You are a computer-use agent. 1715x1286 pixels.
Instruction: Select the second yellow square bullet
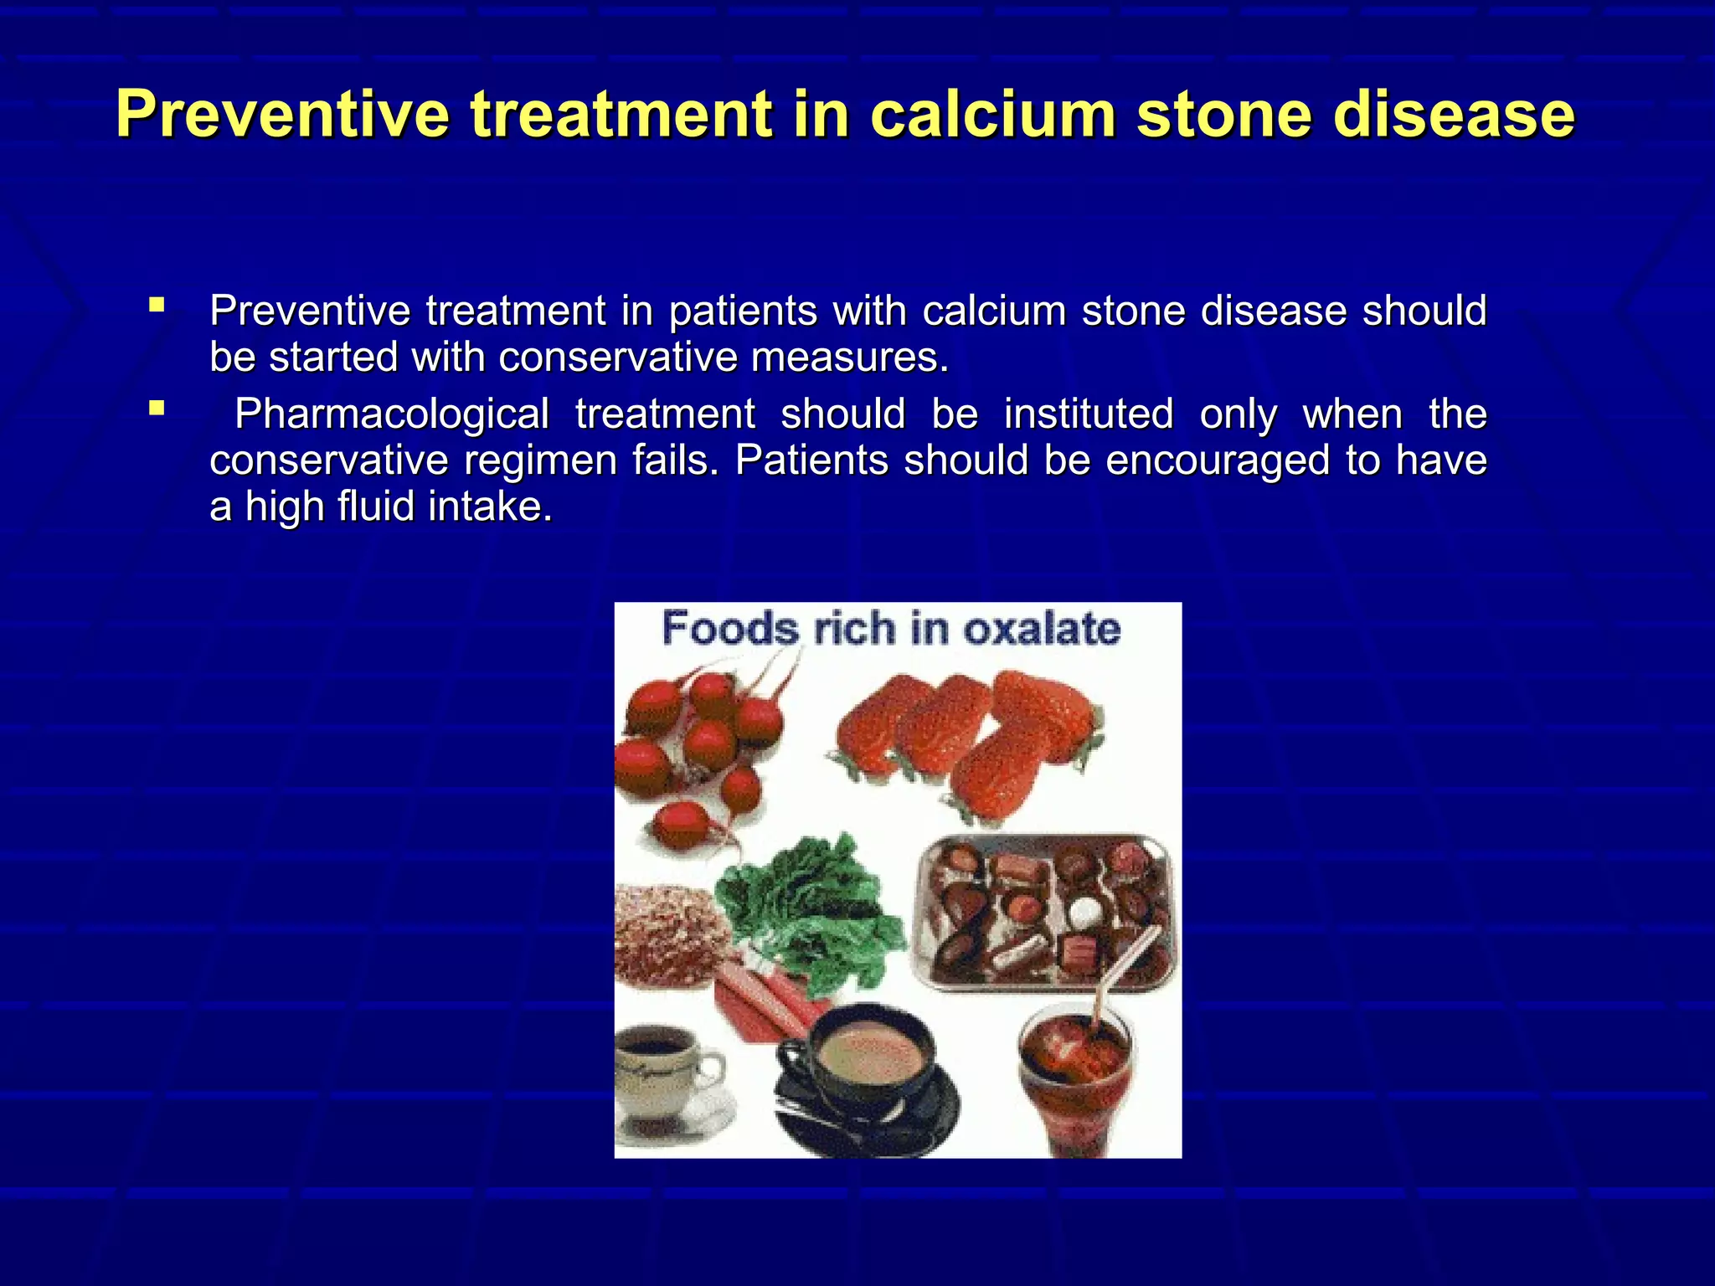point(157,409)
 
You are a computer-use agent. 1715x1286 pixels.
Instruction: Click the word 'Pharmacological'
point(391,414)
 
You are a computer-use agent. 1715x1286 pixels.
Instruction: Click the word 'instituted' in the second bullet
point(1088,414)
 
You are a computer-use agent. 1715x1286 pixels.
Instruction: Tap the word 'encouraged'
point(1217,460)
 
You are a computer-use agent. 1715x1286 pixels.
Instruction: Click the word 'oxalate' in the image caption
point(1041,629)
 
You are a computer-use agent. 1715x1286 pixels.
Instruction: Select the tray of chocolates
point(1047,913)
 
